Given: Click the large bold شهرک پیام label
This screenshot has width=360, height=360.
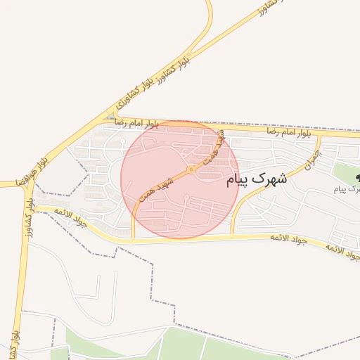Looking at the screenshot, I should point(257,180).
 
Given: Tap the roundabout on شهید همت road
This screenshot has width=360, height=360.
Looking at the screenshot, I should point(191,169).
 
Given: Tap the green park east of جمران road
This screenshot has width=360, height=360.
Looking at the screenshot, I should point(345,172).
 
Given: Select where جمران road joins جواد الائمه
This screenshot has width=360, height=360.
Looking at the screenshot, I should point(232,236).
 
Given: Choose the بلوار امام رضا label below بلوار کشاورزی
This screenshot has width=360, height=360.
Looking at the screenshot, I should point(134,123).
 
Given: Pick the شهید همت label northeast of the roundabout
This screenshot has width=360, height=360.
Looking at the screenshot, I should point(211,149).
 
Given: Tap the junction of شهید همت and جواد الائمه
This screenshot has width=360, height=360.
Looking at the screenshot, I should point(132,240).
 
